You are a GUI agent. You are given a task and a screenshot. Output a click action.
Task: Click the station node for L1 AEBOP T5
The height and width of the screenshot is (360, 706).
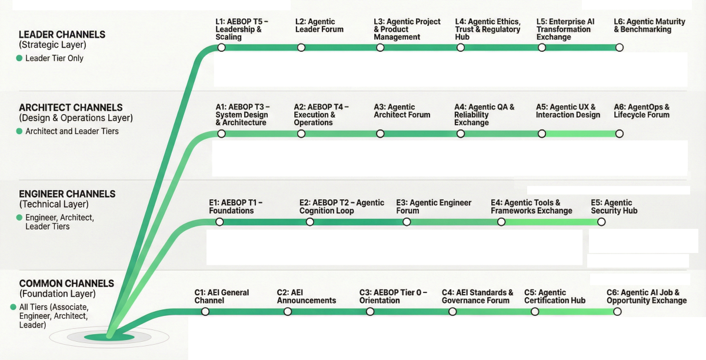221,48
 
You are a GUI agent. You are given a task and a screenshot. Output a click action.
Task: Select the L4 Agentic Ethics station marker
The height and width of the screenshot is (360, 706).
461,48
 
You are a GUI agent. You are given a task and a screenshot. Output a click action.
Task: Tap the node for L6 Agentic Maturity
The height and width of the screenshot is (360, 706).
619,48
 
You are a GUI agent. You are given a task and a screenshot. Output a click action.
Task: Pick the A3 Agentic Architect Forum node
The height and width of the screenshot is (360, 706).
380,134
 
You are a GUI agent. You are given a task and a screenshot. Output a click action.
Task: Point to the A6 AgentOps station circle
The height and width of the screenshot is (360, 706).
619,134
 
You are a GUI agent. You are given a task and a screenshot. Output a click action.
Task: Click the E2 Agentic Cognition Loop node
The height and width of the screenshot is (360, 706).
310,222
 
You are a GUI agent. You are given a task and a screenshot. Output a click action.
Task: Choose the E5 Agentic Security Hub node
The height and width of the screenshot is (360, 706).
601,222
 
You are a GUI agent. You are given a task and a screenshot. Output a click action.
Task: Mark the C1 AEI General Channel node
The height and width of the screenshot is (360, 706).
205,312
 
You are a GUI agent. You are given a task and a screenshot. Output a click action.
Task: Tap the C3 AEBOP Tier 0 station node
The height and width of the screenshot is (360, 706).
370,312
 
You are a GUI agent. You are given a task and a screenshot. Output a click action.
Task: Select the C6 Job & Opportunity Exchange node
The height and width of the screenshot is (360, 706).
617,312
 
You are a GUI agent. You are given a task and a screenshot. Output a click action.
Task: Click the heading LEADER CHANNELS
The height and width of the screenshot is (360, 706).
62,35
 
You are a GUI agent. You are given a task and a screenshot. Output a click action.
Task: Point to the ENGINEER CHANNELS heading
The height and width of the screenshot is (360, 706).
67,194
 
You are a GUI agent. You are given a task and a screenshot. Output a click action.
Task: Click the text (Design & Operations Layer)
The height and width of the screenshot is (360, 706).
76,118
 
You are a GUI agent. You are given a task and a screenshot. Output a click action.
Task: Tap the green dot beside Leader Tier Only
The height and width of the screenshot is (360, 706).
20,58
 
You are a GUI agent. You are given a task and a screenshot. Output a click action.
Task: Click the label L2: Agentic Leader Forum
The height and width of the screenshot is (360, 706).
319,25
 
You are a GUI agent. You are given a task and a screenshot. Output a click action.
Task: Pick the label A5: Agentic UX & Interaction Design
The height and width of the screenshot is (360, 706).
568,111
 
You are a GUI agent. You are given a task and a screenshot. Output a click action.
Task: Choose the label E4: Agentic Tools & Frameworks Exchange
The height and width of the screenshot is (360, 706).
531,206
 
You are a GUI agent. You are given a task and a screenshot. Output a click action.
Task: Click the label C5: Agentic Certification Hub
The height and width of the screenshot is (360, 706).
555,296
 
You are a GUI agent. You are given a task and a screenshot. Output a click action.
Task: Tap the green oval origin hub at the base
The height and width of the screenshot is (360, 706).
109,337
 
